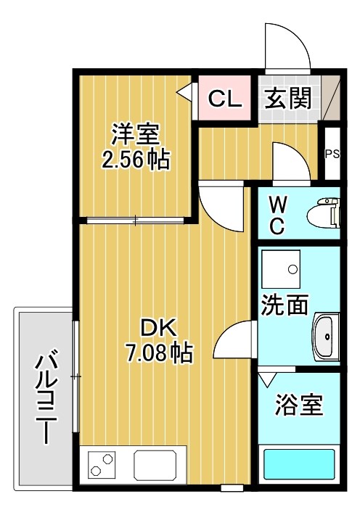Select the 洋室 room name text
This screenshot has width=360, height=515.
(135, 134)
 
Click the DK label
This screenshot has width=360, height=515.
(158, 329)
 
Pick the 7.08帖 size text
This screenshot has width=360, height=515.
(158, 353)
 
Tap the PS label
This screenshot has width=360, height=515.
(332, 154)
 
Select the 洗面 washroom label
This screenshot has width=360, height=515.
(285, 305)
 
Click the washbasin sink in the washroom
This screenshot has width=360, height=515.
(326, 337)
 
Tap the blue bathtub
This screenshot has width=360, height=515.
(298, 465)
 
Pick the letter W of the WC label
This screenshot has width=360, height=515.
(277, 203)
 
